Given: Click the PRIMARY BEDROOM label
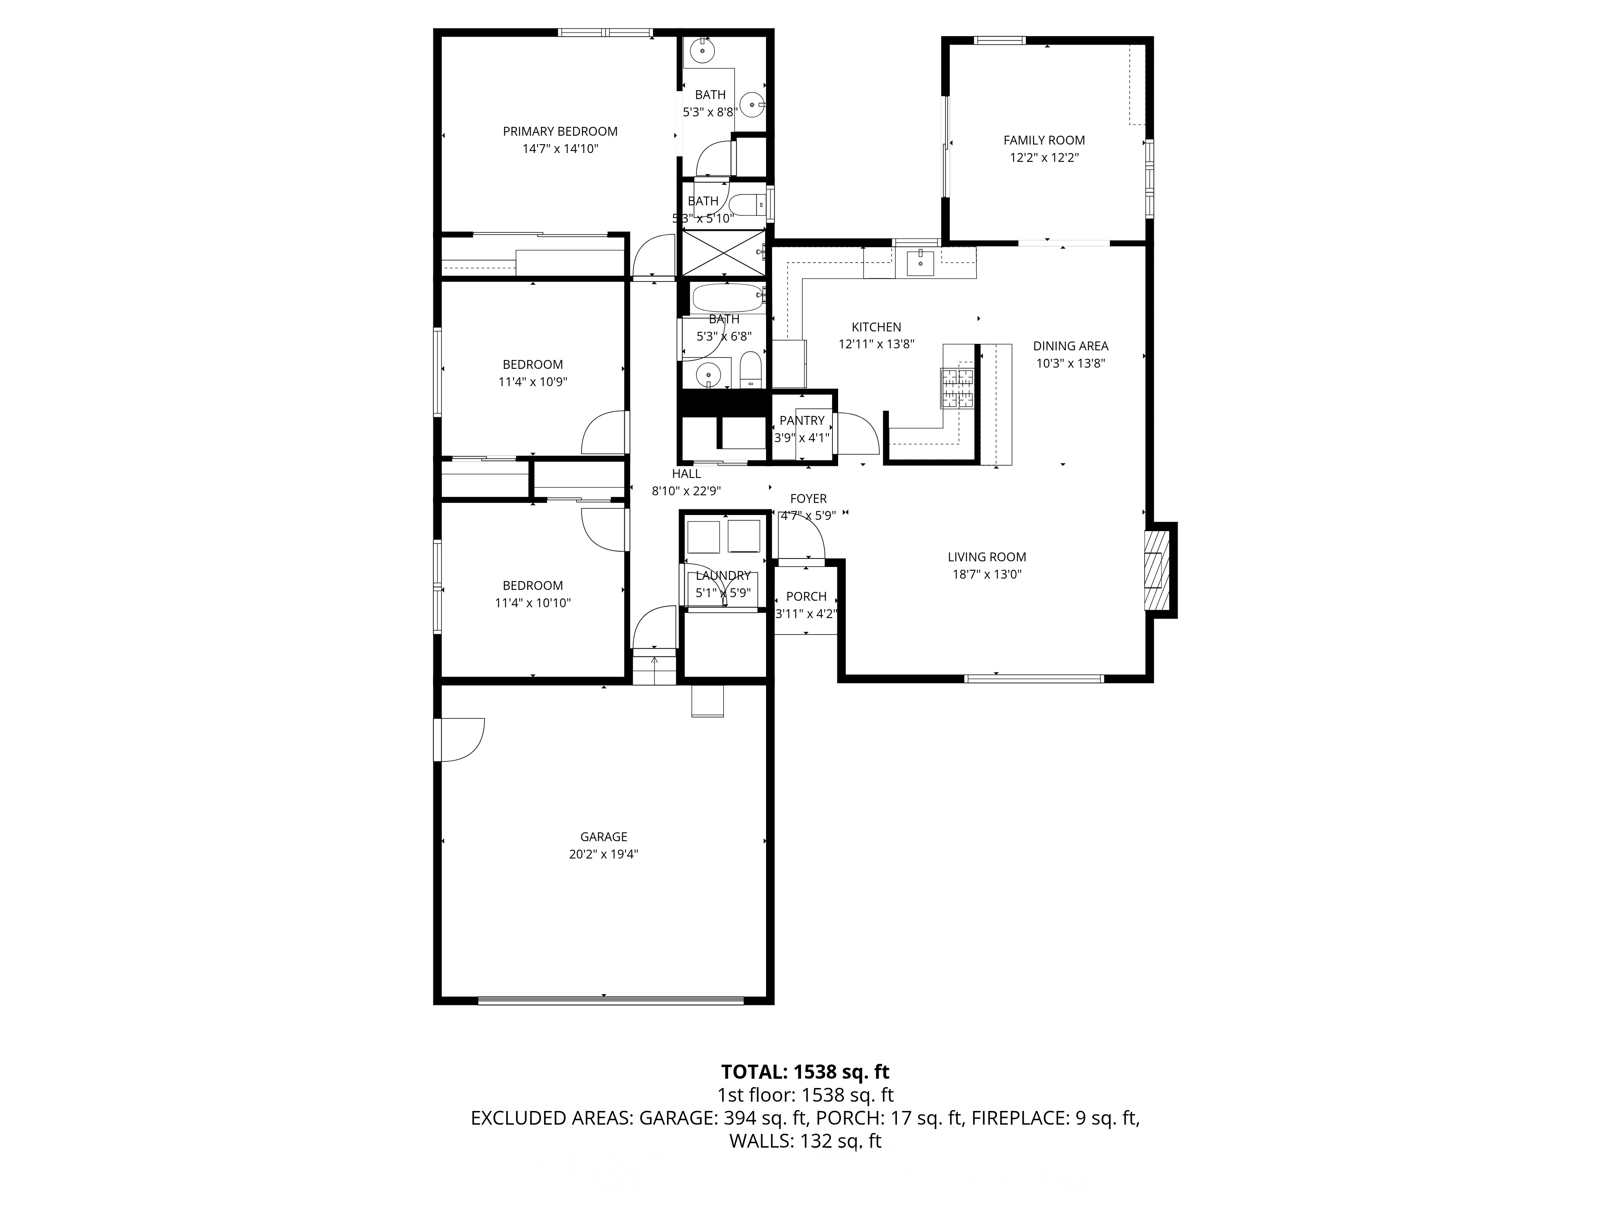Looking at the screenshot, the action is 560,132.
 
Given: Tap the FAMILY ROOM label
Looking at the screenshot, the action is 1044,141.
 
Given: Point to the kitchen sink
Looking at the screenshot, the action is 921,262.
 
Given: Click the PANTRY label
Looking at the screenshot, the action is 802,421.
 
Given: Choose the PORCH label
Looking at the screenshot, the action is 806,596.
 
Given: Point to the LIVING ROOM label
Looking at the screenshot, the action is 987,557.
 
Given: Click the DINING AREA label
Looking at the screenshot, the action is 1071,347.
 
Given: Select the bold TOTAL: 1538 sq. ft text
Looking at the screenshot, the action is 805,1072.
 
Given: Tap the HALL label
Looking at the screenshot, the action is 686,474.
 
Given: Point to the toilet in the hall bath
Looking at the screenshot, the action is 750,370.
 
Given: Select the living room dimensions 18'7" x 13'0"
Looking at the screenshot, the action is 987,575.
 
